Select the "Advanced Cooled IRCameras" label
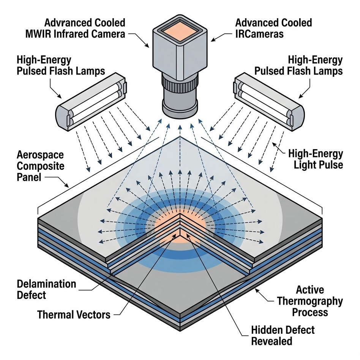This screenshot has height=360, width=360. [273, 28]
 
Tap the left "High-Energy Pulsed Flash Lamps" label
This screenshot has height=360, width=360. [60, 65]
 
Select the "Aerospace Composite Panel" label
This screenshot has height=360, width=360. [41, 166]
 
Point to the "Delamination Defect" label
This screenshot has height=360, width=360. [46, 289]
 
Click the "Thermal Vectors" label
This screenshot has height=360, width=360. [74, 314]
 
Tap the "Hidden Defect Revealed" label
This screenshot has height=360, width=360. [283, 335]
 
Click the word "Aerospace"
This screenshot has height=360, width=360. [41, 155]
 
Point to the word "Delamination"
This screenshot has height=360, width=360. [46, 284]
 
